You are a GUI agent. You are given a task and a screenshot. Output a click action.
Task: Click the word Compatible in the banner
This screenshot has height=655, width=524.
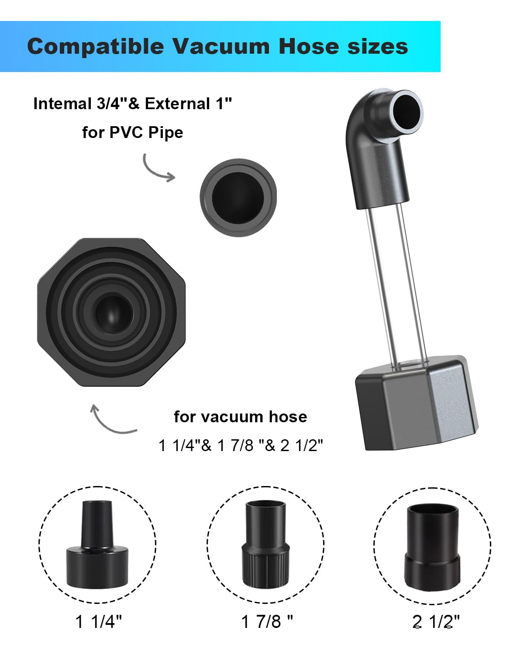96,47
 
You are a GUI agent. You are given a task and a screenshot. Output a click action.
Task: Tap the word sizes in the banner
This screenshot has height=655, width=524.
378,47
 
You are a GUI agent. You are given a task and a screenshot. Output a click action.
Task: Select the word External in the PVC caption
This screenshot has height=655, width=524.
177,104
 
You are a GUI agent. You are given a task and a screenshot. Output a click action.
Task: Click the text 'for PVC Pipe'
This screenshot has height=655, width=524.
132,132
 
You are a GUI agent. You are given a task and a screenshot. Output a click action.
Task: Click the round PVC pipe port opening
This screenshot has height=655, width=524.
238,198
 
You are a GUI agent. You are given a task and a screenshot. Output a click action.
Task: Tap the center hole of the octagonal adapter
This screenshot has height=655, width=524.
114,313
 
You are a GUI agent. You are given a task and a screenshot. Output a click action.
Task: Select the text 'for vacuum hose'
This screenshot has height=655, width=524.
241,417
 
